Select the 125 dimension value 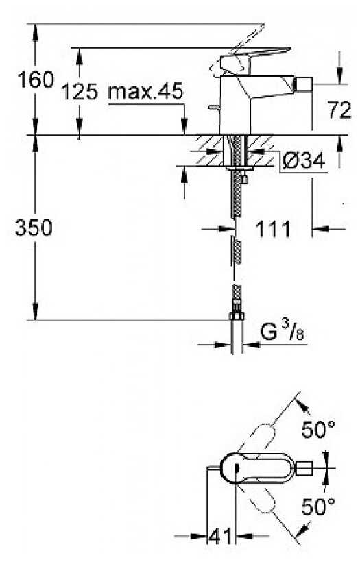80,91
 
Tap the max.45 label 145,91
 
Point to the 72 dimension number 339,111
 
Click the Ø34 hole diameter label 302,160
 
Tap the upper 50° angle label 318,431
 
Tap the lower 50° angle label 318,508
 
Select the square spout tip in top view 304,469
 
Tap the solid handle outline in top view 257,469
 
